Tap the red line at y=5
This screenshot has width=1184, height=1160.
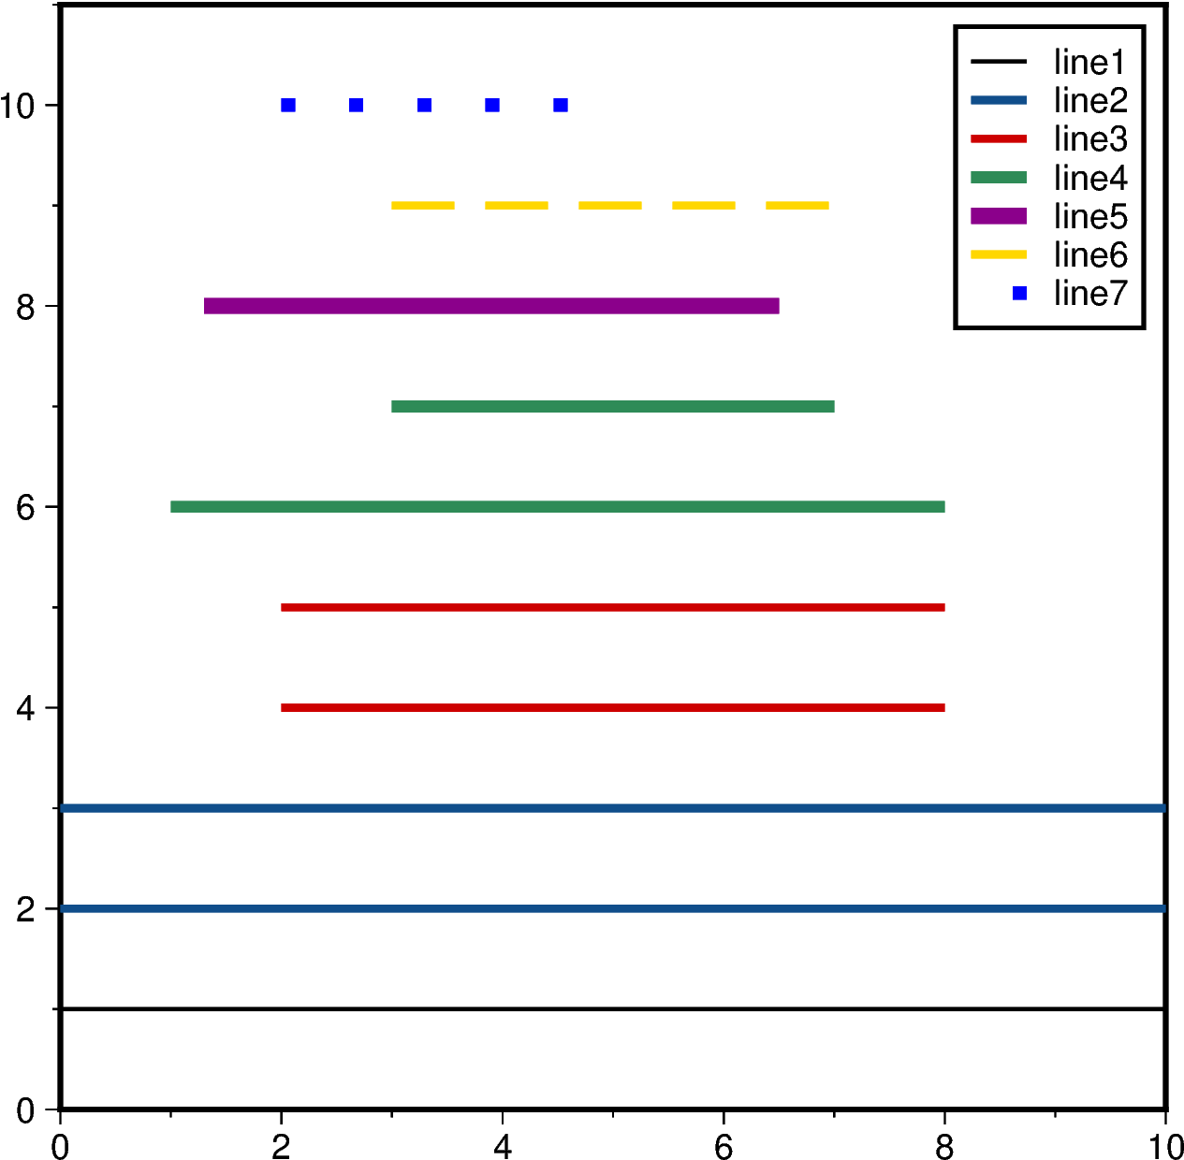click(x=613, y=607)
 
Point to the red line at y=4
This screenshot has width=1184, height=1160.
click(x=613, y=707)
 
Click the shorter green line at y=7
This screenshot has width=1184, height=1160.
click(x=613, y=406)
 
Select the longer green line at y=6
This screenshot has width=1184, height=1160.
click(x=558, y=506)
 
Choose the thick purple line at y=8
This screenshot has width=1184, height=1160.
click(x=491, y=306)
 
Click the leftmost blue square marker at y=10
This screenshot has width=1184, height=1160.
click(x=288, y=105)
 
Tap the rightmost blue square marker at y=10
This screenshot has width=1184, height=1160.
click(x=561, y=105)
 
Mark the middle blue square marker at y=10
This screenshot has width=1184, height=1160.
click(x=424, y=105)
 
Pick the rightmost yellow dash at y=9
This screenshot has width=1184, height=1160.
click(x=797, y=205)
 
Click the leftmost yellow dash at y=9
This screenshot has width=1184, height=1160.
click(x=423, y=205)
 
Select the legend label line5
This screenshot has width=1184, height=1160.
click(x=1090, y=216)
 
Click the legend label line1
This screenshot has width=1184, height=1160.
click(x=1089, y=63)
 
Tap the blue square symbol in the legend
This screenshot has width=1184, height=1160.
click(x=1019, y=293)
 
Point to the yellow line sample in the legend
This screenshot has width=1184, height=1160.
click(x=999, y=254)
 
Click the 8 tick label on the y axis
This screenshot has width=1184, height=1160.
click(x=26, y=307)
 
